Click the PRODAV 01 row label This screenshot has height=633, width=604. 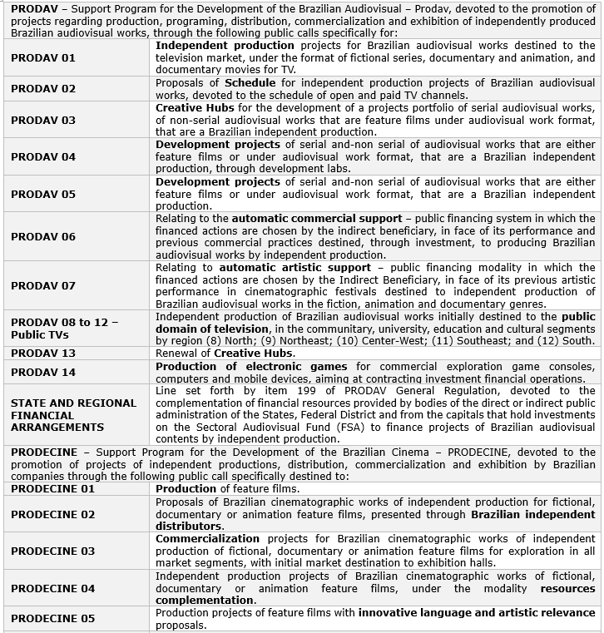tap(42, 58)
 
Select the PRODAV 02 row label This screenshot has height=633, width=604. tap(42, 88)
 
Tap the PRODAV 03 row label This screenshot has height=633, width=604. tap(42, 120)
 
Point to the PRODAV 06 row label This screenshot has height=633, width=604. tap(42, 236)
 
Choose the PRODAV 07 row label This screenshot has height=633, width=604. tap(42, 285)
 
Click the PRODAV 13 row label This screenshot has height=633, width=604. tap(42, 353)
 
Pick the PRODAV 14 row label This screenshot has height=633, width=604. tap(42, 372)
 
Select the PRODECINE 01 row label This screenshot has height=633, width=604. tap(52, 489)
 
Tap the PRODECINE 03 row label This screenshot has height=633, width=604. tap(52, 551)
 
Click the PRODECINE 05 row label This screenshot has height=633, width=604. tap(52, 618)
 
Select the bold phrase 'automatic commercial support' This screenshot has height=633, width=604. tap(316, 218)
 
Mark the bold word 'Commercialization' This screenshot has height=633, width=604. tap(207, 538)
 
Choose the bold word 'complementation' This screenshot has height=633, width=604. tap(205, 600)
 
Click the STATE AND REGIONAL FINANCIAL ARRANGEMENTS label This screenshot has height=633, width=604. tap(73, 415)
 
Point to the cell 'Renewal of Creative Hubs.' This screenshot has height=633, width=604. tap(224, 353)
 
